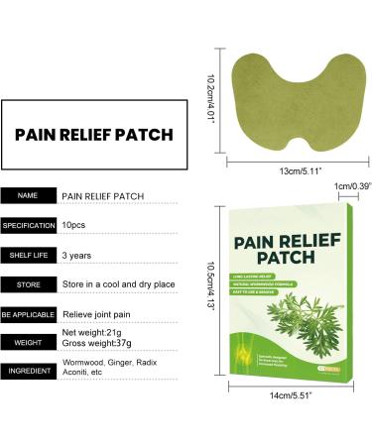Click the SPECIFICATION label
click(28, 225)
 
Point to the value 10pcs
click(77, 225)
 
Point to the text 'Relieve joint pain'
click(99, 314)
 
